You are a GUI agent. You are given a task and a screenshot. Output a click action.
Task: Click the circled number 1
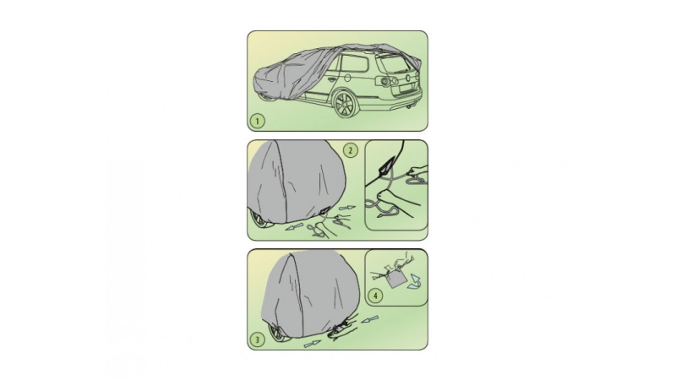tap(258, 121)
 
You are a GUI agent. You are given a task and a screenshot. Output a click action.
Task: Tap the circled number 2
tap(351, 150)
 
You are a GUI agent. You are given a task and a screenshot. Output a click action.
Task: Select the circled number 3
tap(258, 339)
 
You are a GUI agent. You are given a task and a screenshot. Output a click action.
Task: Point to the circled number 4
tap(376, 296)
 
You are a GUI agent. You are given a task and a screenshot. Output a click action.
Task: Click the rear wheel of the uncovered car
tap(346, 103)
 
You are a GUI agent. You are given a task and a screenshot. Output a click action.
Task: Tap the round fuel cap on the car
tap(347, 78)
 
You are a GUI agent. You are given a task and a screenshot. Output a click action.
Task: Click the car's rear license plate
tap(406, 90)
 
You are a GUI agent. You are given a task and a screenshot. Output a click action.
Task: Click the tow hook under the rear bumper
tap(409, 106)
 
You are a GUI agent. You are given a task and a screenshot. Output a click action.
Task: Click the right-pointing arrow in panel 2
tap(347, 208)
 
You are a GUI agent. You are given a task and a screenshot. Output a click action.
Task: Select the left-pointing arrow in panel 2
tap(294, 227)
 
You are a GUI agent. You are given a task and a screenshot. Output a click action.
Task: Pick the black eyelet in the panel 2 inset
tap(385, 166)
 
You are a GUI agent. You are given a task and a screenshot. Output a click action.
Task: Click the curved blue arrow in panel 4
tap(416, 282)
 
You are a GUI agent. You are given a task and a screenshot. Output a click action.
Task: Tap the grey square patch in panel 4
tap(396, 280)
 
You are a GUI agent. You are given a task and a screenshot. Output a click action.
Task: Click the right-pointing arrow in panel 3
tap(313, 344)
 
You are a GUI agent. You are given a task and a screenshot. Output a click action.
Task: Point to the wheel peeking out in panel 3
tap(276, 334)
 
